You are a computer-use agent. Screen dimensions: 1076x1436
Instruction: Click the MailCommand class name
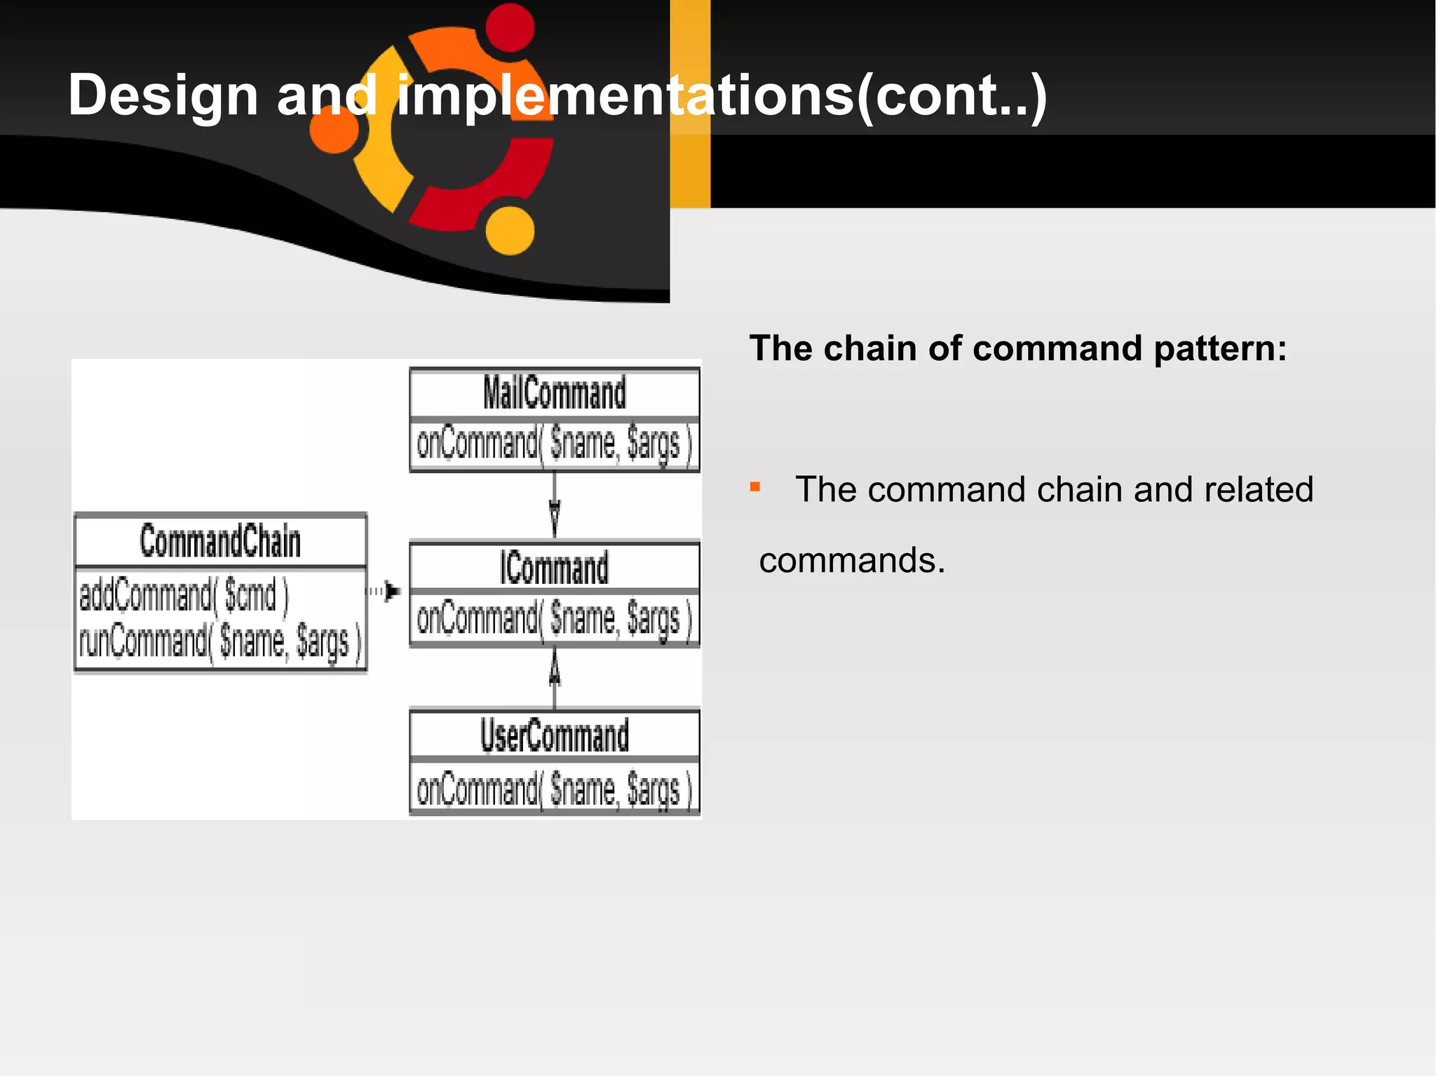click(554, 393)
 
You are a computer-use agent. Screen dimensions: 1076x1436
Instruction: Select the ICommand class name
click(554, 568)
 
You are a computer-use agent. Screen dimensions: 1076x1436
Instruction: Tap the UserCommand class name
click(554, 736)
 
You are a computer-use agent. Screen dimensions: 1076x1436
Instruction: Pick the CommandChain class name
click(220, 541)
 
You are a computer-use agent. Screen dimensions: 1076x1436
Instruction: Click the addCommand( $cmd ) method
click(184, 596)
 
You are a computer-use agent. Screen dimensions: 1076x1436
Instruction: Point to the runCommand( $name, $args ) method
click(220, 641)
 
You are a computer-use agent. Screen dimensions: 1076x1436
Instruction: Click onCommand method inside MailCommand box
click(554, 444)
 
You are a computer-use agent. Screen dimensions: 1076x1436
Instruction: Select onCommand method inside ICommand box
click(554, 619)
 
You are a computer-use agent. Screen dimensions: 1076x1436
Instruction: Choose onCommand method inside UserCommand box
click(554, 789)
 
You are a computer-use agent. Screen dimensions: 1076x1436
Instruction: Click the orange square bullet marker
click(755, 487)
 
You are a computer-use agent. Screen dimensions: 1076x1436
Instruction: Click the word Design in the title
click(163, 95)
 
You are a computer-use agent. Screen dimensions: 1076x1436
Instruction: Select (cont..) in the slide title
click(952, 95)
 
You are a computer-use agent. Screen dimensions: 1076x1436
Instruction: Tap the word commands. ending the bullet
click(852, 561)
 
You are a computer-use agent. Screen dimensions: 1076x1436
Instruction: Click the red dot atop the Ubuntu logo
click(510, 28)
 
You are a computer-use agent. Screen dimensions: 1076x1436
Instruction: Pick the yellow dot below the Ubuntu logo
click(510, 231)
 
